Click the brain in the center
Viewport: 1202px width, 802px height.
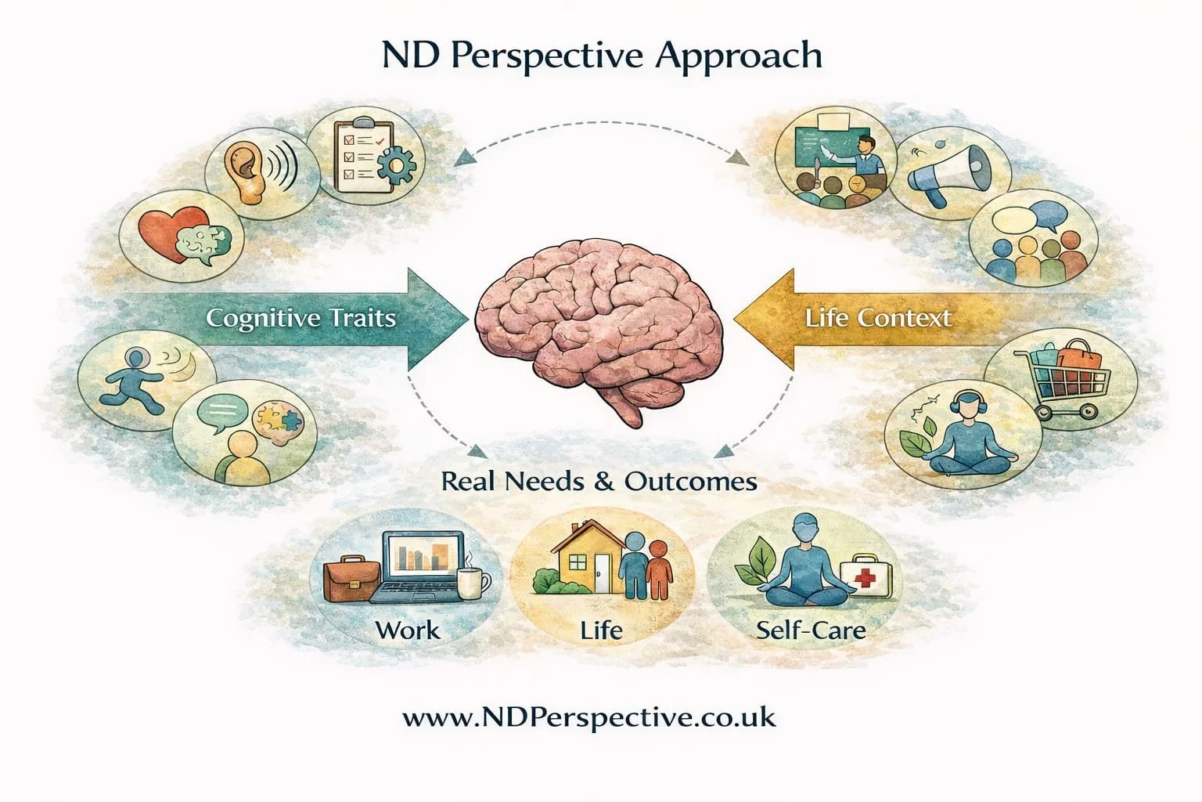pos(601,329)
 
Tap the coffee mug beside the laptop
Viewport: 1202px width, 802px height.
pos(472,583)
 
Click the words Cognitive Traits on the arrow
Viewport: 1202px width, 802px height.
pos(300,319)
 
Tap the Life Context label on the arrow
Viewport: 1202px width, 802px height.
pos(878,318)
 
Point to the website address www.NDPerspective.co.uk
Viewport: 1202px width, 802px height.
pos(589,717)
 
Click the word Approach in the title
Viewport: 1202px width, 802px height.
pos(740,56)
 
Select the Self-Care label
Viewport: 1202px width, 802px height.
pos(811,629)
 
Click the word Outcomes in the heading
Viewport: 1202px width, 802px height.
pos(690,481)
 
